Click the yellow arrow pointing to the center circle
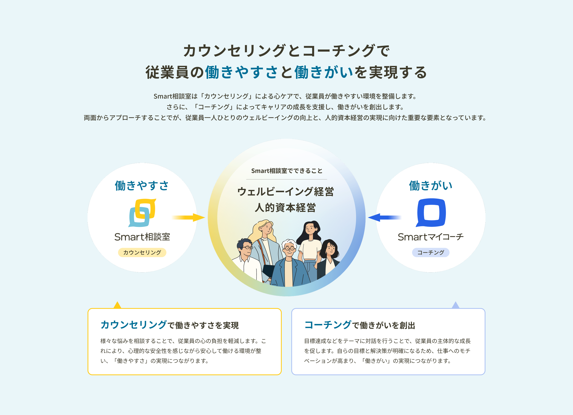(188, 217)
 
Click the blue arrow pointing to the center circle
(384, 217)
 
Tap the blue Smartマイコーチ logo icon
(431, 212)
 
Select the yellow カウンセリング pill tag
(142, 252)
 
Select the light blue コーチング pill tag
(431, 252)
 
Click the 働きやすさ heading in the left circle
(142, 186)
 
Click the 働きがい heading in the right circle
(431, 186)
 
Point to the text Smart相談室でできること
(286, 171)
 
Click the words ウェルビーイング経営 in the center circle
(286, 192)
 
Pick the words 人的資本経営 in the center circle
(285, 207)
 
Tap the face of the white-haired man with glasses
(289, 248)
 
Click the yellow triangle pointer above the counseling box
(117, 305)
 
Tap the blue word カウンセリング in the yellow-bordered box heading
(134, 325)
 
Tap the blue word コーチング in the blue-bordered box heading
(328, 325)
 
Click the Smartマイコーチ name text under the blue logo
(431, 237)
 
